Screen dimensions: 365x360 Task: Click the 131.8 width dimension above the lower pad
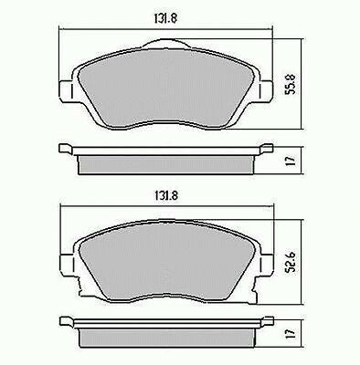[x=167, y=195]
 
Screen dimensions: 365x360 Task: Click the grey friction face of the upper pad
[x=167, y=87]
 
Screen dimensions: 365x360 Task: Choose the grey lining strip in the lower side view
[x=167, y=339]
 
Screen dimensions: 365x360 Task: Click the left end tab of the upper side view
[x=66, y=149]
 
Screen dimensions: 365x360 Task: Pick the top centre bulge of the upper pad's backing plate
[x=167, y=46]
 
